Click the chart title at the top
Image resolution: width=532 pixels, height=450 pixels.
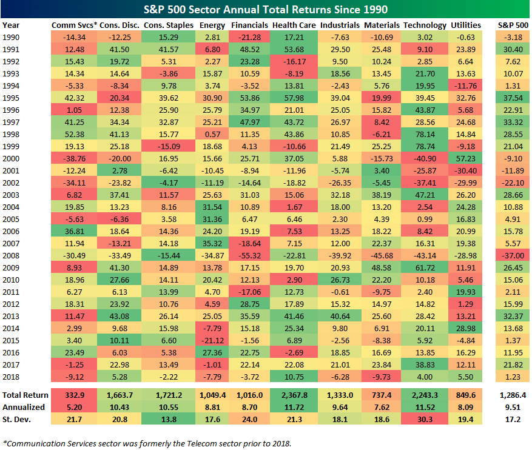pyautogui.click(x=266, y=10)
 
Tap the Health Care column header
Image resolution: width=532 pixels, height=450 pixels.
pyautogui.click(x=294, y=25)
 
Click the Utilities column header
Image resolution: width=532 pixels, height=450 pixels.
pyautogui.click(x=466, y=25)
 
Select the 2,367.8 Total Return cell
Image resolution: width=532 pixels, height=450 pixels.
pyautogui.click(x=294, y=394)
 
